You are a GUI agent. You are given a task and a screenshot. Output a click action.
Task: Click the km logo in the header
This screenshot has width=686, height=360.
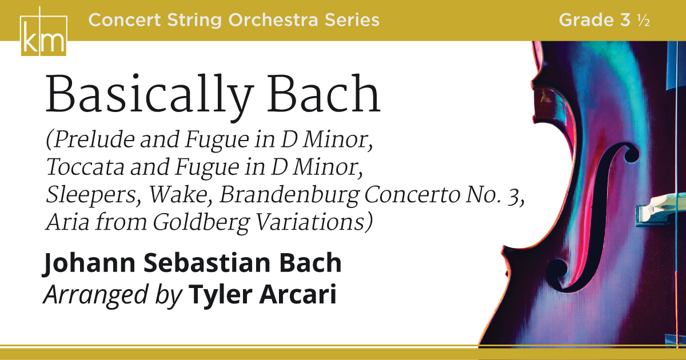tap(43, 32)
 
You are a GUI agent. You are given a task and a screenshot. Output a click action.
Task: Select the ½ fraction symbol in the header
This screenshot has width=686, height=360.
tap(644, 21)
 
